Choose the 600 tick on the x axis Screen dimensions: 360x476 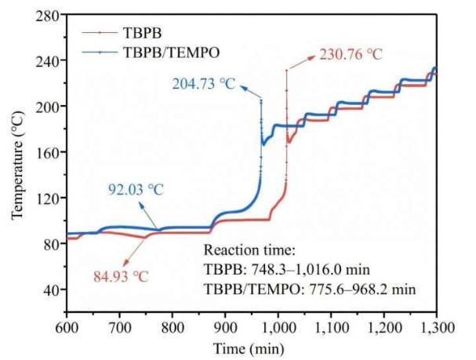[67, 325]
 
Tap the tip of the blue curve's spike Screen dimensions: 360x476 [261, 100]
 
